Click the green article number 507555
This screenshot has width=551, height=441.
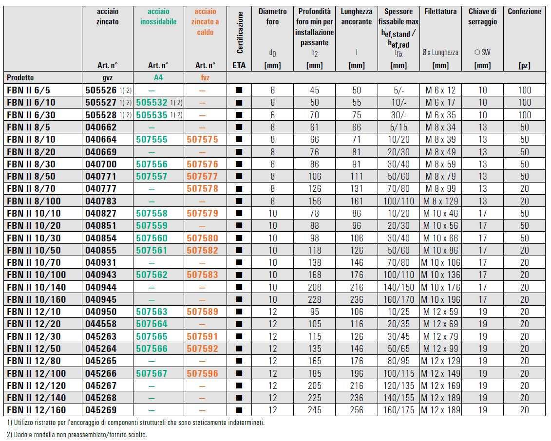[x=152, y=140]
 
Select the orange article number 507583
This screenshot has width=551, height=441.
[x=202, y=275]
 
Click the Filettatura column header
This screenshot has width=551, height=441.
[x=440, y=11]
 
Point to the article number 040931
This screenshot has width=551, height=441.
[x=101, y=263]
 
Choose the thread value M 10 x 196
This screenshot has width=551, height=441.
[x=440, y=299]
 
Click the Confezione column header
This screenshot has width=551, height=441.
[x=524, y=11]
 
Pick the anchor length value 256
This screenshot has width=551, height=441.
[x=357, y=410]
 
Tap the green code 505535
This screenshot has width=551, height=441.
[x=152, y=115]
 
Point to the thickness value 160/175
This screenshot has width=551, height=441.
[x=399, y=410]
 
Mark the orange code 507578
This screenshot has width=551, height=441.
[x=202, y=189]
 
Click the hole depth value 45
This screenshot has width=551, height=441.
[x=314, y=90]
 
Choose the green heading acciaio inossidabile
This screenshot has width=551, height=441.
[x=158, y=17]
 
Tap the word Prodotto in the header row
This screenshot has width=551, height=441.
[x=20, y=77]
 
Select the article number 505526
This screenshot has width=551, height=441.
[x=101, y=90]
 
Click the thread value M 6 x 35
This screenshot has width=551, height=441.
[x=440, y=115]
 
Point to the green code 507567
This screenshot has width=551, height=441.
[x=152, y=373]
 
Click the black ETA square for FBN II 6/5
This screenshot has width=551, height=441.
[x=239, y=90]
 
